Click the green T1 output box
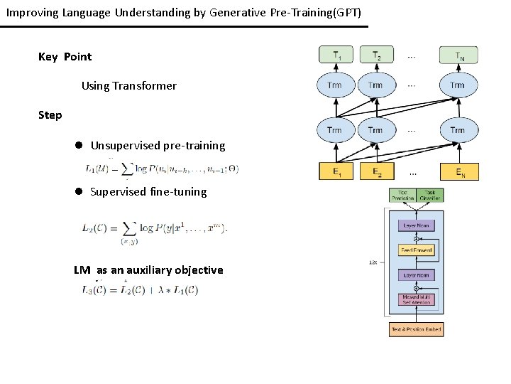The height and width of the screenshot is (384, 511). point(334,55)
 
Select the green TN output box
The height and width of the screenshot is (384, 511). point(457,55)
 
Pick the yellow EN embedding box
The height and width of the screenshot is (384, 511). point(458,171)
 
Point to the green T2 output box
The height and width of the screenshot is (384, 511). point(375,55)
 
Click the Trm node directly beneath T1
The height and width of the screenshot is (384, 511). point(334,85)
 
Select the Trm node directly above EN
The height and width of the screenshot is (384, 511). point(457,130)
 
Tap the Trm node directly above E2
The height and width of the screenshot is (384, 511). point(375,130)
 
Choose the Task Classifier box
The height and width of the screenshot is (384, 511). point(430,194)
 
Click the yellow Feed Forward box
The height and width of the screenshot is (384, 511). point(417,250)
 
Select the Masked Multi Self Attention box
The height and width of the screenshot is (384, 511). point(417,299)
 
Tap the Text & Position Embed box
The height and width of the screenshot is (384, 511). point(416,329)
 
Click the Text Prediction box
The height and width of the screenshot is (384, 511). point(403,194)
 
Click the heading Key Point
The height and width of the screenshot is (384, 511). point(65,57)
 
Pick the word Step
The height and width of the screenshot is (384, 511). point(50,115)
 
